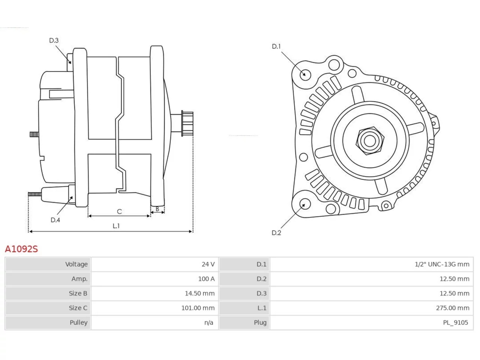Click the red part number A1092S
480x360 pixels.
pyautogui.click(x=21, y=249)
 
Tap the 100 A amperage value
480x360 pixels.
pyautogui.click(x=206, y=279)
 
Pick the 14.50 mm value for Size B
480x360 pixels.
pyautogui.click(x=199, y=293)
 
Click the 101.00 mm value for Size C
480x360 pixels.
pyautogui.click(x=198, y=308)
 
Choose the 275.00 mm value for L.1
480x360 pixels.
pyautogui.click(x=453, y=308)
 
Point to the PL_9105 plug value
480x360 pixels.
pyautogui.click(x=455, y=322)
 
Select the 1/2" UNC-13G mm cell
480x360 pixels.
pyautogui.click(x=442, y=264)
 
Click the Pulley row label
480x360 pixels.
pyautogui.click(x=78, y=322)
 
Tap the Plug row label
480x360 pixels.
pyautogui.click(x=260, y=322)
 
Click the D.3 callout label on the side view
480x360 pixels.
pyautogui.click(x=54, y=40)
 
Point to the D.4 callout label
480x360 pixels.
pyautogui.click(x=55, y=220)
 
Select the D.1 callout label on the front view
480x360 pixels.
pyautogui.click(x=276, y=46)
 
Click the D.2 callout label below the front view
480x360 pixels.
pyautogui.click(x=276, y=233)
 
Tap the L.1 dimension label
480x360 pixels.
pyautogui.click(x=116, y=226)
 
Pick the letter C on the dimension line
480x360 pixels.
pyautogui.click(x=119, y=211)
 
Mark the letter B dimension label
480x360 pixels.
pyautogui.click(x=157, y=209)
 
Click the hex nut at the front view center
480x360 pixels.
pyautogui.click(x=370, y=141)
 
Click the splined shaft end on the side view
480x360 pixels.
pyautogui.click(x=187, y=123)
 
